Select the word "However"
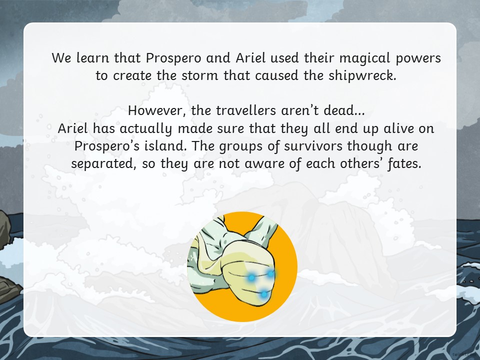(155, 110)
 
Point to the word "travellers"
(246, 110)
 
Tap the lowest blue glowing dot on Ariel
(264, 294)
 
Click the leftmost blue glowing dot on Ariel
(251, 277)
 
